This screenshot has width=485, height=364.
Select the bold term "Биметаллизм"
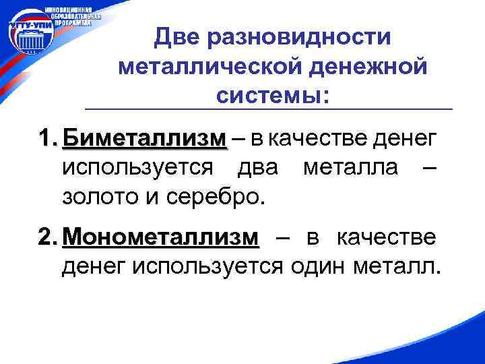click(144, 139)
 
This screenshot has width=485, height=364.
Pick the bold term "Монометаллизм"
click(160, 237)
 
